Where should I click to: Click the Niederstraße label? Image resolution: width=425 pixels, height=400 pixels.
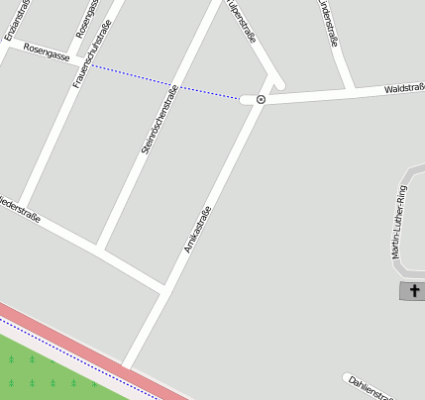(x=20, y=207)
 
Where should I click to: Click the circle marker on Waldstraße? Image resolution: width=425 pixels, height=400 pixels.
(x=261, y=99)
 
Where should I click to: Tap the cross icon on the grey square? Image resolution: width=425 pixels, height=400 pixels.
(x=412, y=290)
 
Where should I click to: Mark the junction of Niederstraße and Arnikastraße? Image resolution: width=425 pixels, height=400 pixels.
(x=163, y=288)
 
